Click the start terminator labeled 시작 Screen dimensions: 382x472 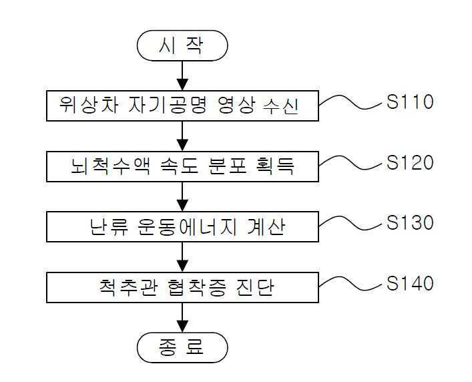(182, 45)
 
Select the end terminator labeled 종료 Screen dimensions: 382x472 (182, 347)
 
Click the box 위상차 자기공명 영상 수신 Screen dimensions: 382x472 (182, 106)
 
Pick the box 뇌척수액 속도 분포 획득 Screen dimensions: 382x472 (182, 166)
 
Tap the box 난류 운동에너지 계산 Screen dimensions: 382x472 (182, 227)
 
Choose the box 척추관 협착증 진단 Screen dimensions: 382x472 (182, 287)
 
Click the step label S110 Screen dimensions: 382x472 (410, 102)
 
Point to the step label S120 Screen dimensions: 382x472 (410, 162)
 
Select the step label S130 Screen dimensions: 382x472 (410, 222)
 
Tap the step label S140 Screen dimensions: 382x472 (410, 283)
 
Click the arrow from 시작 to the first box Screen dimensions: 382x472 (182, 75)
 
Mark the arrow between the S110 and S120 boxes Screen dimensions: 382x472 (182, 136)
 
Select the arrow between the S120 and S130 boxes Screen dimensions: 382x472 (182, 196)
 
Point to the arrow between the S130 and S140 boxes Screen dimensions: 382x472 (182, 257)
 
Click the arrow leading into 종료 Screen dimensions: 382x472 (182, 317)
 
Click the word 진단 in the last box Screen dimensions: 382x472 (266, 288)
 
